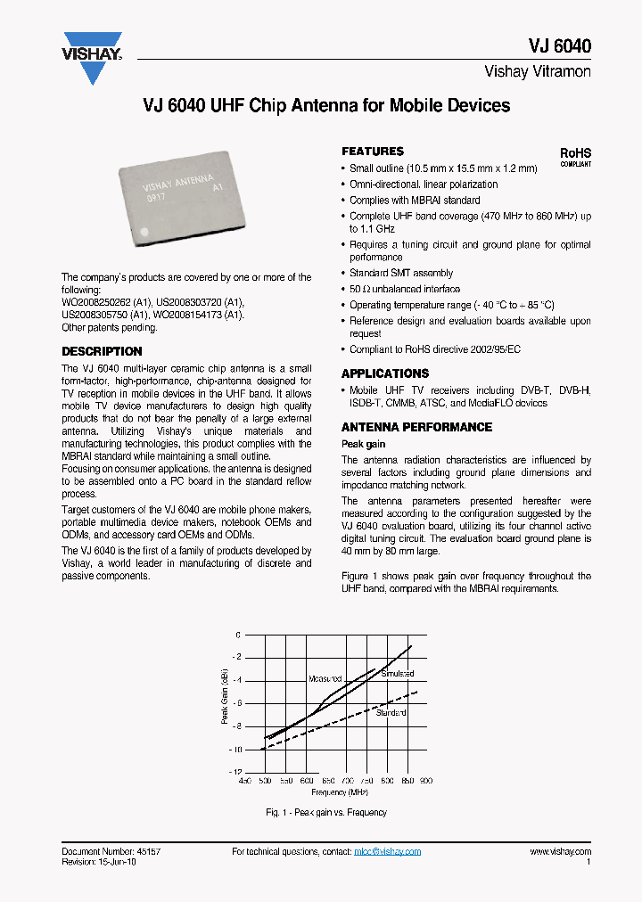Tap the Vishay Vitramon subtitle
(x=537, y=71)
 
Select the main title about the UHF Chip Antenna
(x=326, y=105)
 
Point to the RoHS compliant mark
(x=575, y=157)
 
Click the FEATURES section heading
(x=373, y=152)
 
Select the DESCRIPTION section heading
(x=102, y=352)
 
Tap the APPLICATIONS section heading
(x=385, y=373)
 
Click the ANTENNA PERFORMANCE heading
(x=416, y=427)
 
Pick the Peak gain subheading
(x=364, y=444)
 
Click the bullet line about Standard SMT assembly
(x=401, y=273)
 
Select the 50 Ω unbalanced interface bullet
(x=405, y=289)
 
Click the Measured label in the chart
(x=325, y=678)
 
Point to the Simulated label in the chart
(x=398, y=674)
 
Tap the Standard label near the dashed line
(x=391, y=713)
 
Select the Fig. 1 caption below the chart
(x=326, y=812)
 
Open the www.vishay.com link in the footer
(x=560, y=852)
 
